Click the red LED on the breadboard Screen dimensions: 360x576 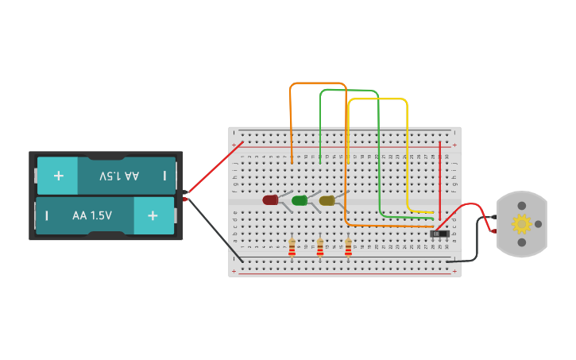[270, 200]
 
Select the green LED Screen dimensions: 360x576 [299, 200]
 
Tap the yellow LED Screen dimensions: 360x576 [327, 200]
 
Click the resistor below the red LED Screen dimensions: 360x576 [292, 248]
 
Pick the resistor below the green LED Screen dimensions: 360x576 [320, 248]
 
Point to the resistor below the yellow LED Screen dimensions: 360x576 [348, 248]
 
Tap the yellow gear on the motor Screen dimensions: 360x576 [521, 223]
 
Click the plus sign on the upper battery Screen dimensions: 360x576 [58, 175]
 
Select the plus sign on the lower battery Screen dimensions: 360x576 [153, 215]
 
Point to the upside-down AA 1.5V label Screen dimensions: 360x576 [119, 175]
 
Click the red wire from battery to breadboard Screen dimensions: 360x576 [215, 168]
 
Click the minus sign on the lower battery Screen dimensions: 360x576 [47, 215]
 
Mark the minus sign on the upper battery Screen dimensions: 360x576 [164, 175]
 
